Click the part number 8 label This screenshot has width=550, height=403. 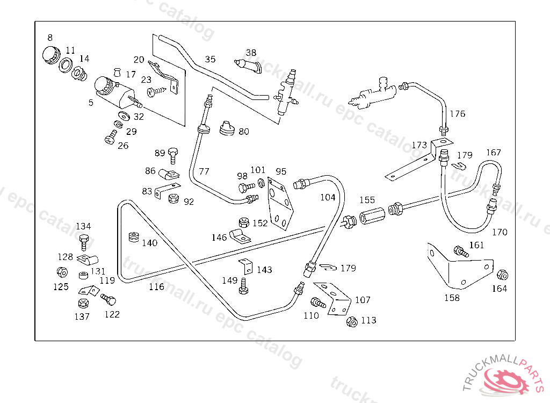click(50, 38)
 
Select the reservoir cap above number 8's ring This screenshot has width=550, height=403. click(50, 55)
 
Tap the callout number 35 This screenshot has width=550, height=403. click(210, 59)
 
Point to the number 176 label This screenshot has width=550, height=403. click(458, 114)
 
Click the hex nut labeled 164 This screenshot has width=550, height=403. click(503, 275)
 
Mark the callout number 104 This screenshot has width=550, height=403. click(328, 197)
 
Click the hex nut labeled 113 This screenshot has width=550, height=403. click(352, 322)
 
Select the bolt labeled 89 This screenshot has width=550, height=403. click(173, 155)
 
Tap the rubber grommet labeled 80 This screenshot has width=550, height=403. click(227, 128)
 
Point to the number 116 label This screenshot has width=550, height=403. click(156, 287)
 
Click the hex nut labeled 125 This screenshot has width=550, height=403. click(61, 272)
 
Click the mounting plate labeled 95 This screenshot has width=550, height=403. click(280, 205)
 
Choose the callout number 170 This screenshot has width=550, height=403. click(500, 233)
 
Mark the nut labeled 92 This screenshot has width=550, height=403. click(174, 198)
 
